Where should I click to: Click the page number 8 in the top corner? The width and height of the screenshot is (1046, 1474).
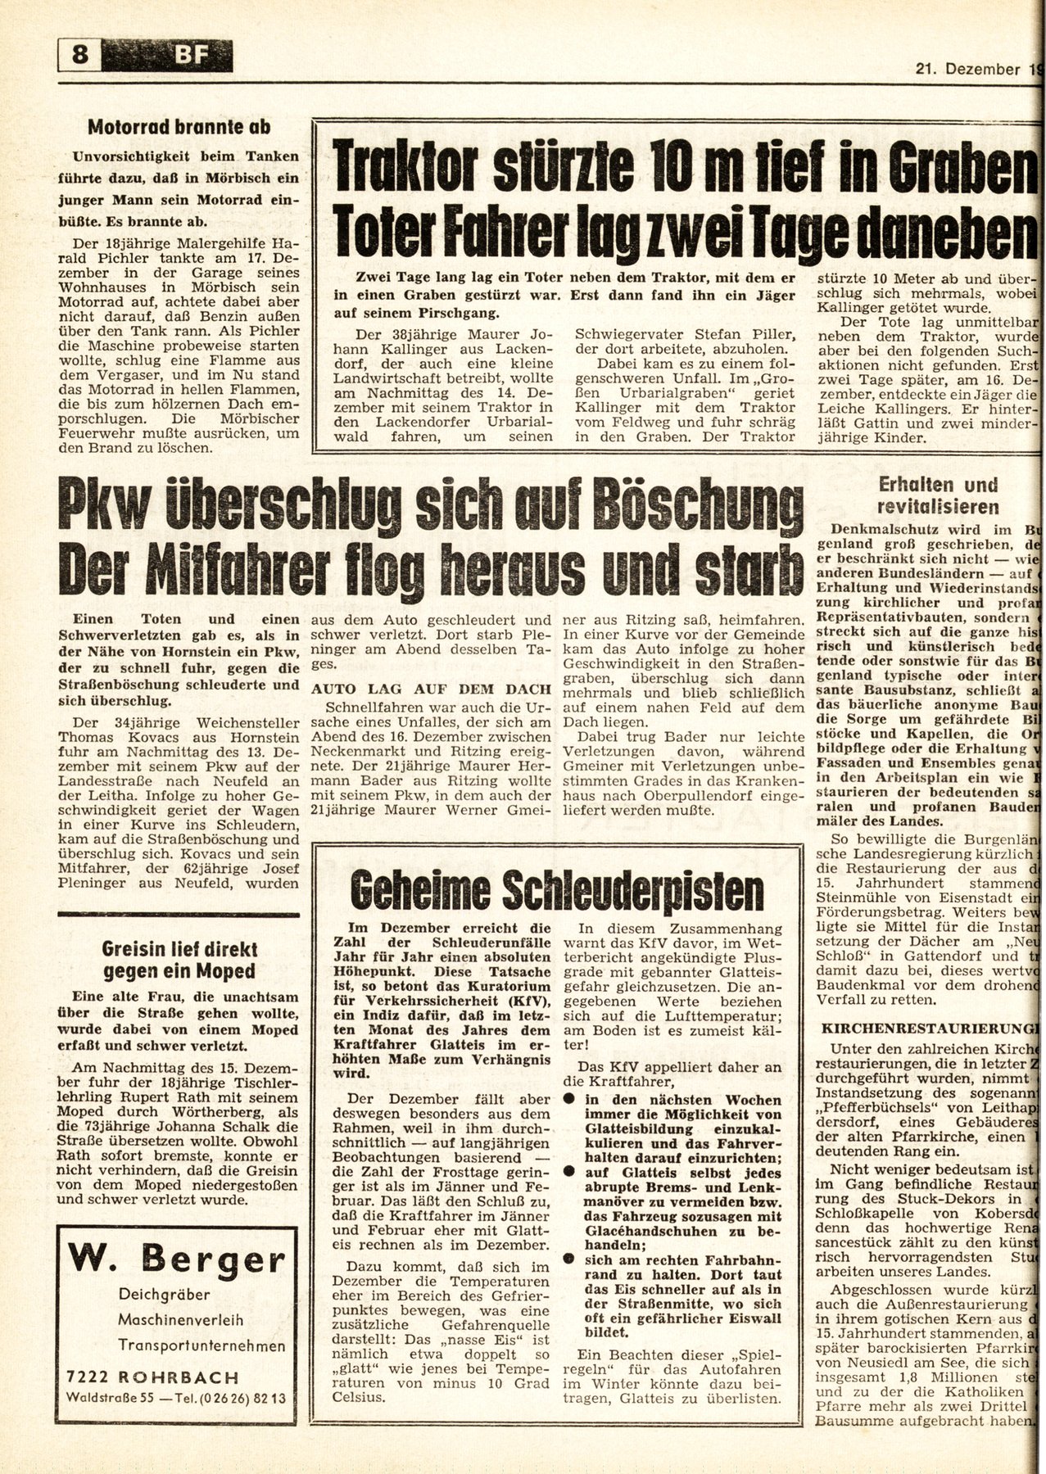[80, 56]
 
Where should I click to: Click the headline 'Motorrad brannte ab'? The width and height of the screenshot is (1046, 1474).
[180, 128]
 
